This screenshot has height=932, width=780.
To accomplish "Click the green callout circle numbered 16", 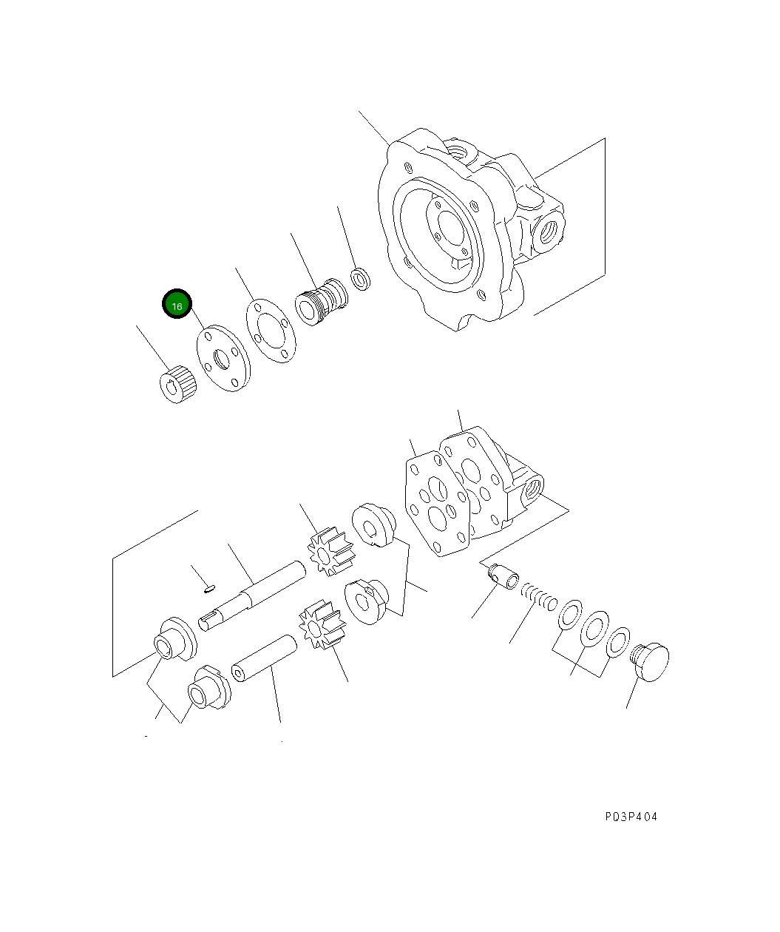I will pos(177,304).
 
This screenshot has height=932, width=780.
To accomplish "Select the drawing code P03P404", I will pos(629,817).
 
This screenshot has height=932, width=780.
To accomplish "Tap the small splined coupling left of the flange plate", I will pos(177,385).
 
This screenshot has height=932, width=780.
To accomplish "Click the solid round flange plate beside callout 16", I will pos(220,357).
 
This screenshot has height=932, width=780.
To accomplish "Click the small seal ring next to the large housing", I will pos(361,280).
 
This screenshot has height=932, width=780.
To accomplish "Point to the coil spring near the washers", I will pos(538,595).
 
